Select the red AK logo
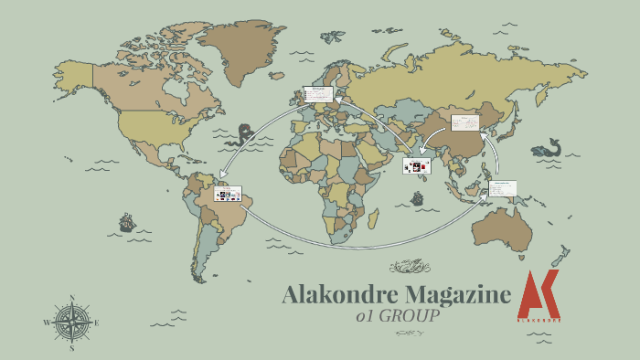coord(539,294)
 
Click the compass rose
coord(71,323)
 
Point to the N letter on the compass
coord(71,298)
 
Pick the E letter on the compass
coord(97,323)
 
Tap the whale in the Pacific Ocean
coord(549,146)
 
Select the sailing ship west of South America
coord(126,222)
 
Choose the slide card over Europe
coord(318,94)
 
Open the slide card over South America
coord(228,193)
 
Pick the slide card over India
coord(417,165)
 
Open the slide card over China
coord(466,122)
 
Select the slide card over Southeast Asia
coord(502,188)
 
